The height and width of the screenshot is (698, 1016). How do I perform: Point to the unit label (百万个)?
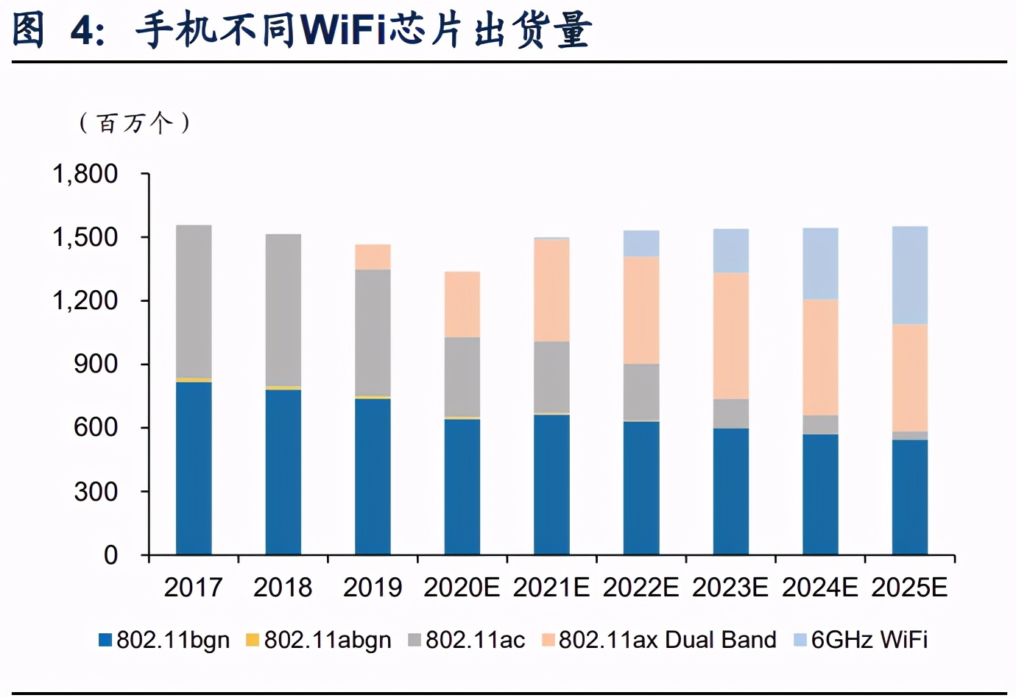[134, 122]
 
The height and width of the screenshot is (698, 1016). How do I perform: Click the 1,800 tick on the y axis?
[85, 174]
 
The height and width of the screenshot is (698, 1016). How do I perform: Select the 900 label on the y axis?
[96, 364]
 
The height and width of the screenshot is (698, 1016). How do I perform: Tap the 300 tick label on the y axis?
[96, 491]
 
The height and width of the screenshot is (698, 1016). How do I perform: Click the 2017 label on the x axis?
[193, 588]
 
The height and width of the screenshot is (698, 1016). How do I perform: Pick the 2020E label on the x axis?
[462, 588]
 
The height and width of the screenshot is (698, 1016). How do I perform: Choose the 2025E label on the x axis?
[909, 588]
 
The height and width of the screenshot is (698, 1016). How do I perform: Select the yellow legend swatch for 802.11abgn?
[253, 640]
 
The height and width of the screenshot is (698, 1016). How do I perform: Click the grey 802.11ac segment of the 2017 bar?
[194, 301]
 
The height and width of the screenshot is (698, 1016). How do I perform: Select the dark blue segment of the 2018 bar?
[283, 471]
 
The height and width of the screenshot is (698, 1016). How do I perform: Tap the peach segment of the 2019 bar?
[373, 257]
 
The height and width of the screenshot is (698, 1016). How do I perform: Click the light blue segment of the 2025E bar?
[910, 275]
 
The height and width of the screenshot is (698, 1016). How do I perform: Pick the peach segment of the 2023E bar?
[731, 336]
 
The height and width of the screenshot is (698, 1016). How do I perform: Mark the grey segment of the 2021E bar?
[551, 377]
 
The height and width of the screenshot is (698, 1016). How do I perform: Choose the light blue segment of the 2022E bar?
[641, 243]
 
